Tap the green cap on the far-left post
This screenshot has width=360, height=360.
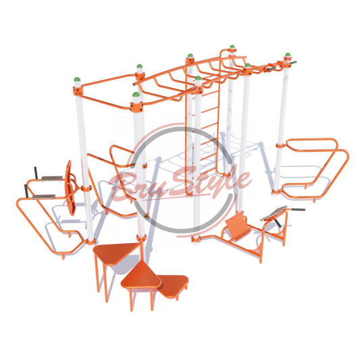(x=77, y=79)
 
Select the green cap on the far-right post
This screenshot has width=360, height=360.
(x=288, y=55)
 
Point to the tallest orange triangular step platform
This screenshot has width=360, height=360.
(x=116, y=252)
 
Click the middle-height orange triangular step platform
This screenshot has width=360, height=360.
(x=141, y=276)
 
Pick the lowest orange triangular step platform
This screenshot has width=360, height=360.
(x=173, y=286)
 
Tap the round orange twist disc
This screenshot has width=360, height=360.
(x=70, y=188)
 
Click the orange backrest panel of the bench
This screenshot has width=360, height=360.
(x=238, y=224)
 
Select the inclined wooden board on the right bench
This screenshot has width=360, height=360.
(x=274, y=213)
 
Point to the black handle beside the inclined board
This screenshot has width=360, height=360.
(x=298, y=209)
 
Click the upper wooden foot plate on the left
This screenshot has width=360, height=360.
(x=52, y=178)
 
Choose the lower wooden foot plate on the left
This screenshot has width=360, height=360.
(x=44, y=197)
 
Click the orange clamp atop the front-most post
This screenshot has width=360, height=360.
(x=136, y=107)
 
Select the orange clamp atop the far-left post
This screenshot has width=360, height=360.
(x=78, y=91)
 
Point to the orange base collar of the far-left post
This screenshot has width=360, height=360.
(x=91, y=242)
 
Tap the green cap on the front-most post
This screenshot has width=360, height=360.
(x=136, y=95)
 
